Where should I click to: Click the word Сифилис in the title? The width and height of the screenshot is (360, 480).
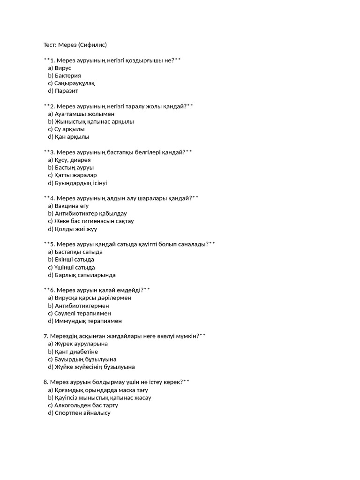[94, 45]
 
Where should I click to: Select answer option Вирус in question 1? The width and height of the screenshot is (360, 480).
[63, 68]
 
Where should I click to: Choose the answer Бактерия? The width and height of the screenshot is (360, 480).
[67, 75]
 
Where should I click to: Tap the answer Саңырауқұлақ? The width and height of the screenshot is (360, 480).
[75, 83]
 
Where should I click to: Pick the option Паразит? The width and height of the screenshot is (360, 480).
[67, 91]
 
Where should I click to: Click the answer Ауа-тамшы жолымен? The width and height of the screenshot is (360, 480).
[84, 114]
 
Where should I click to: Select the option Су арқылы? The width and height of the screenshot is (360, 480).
[69, 129]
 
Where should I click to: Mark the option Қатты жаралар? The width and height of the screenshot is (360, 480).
[75, 175]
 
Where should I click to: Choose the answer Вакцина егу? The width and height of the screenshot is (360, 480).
[72, 206]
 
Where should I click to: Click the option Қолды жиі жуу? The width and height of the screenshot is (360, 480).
[75, 229]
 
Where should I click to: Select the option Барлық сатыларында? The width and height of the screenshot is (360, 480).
[85, 275]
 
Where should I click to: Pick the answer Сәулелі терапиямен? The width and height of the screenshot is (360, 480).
[82, 313]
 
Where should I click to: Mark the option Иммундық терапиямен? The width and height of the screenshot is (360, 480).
[88, 321]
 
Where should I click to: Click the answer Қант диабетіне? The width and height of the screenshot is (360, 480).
[76, 352]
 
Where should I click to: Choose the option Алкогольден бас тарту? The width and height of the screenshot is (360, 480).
[86, 405]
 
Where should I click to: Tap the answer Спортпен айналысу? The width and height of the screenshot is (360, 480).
[82, 413]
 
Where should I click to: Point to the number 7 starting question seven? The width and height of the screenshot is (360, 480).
[45, 336]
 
